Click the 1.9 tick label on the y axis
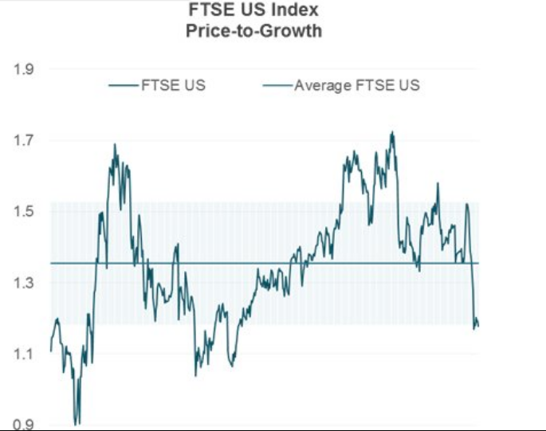click(24, 69)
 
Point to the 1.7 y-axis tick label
click(24, 141)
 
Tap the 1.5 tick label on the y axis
click(24, 212)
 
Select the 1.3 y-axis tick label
click(24, 283)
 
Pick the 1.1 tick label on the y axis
click(24, 354)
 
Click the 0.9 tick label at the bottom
click(24, 424)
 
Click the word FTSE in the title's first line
click(210, 12)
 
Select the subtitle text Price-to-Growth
click(253, 30)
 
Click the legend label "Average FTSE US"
click(356, 85)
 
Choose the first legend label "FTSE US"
click(173, 85)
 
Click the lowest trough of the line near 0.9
click(77, 424)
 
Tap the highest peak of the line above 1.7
click(392, 132)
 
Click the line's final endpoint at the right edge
click(477, 325)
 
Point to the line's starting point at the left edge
click(51, 351)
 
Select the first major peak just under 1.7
click(115, 144)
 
